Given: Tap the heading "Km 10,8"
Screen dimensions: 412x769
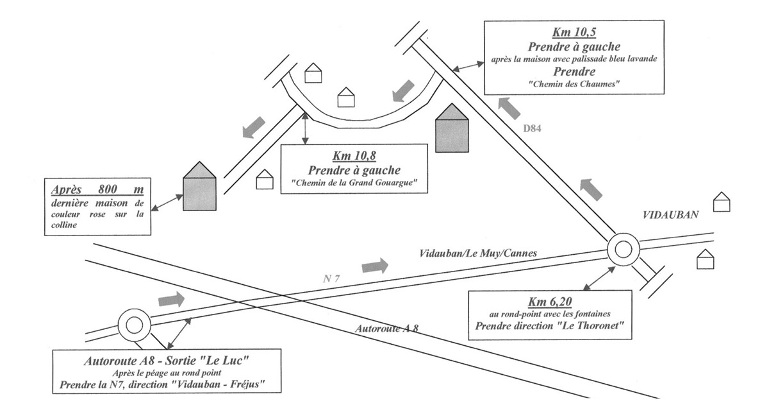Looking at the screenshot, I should (354, 156).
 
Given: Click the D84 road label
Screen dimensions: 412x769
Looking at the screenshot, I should (533, 129).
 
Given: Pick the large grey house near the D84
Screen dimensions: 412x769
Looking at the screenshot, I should (452, 128).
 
